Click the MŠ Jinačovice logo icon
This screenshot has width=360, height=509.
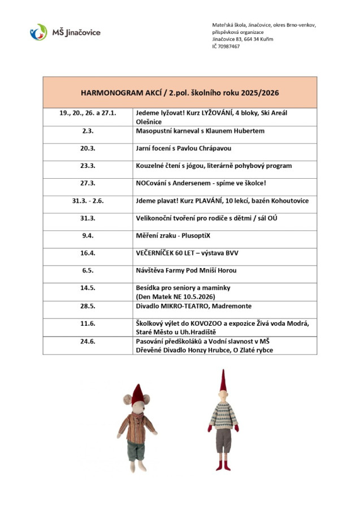(x=38, y=32)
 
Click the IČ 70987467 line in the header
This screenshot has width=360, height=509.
(x=226, y=46)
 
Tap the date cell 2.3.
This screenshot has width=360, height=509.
(x=88, y=131)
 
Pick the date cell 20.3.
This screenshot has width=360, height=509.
(x=88, y=148)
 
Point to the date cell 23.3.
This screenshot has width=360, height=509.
(x=88, y=166)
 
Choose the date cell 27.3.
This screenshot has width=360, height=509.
(x=88, y=183)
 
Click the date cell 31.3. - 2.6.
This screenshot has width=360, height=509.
(x=88, y=201)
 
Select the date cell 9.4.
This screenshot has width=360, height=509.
(x=88, y=235)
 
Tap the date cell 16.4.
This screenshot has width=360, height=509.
(x=88, y=253)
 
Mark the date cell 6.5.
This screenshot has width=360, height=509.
(x=88, y=270)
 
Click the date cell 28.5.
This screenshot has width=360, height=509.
(x=88, y=305)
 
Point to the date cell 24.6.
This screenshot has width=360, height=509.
(x=88, y=342)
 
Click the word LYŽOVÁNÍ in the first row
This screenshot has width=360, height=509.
(x=221, y=113)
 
